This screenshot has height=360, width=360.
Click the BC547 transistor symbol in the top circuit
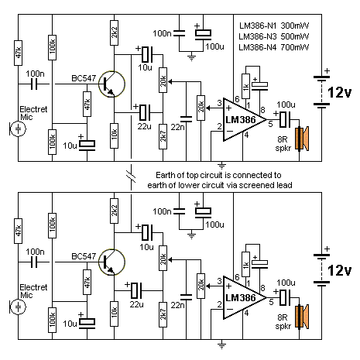pyautogui.click(x=111, y=84)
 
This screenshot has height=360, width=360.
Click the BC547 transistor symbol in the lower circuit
pyautogui.click(x=111, y=262)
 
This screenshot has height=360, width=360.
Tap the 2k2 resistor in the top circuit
pyautogui.click(x=115, y=33)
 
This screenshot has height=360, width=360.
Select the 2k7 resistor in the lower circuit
pyautogui.click(x=163, y=314)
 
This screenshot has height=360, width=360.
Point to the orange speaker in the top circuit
pyautogui.click(x=302, y=139)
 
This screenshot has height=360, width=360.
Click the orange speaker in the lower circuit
pyautogui.click(x=302, y=317)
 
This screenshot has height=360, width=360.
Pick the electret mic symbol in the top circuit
pyautogui.click(x=18, y=129)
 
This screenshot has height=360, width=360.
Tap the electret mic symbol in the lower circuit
pyautogui.click(x=18, y=307)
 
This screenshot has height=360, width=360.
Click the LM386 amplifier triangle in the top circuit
pyautogui.click(x=245, y=119)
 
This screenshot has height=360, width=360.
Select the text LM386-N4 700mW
pyautogui.click(x=273, y=47)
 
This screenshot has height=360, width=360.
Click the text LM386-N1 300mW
pyautogui.click(x=273, y=26)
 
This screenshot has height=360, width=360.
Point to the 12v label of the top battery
pyautogui.click(x=340, y=92)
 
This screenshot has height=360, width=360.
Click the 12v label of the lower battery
pyautogui.click(x=340, y=270)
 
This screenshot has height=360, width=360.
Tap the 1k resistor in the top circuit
pyautogui.click(x=245, y=87)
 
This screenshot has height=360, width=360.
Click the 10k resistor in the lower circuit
pyautogui.click(x=115, y=314)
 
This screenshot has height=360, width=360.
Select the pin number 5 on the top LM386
pyautogui.click(x=270, y=124)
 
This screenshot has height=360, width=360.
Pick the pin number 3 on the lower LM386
pyautogui.click(x=219, y=281)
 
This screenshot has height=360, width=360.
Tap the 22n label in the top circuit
pyautogui.click(x=177, y=127)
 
